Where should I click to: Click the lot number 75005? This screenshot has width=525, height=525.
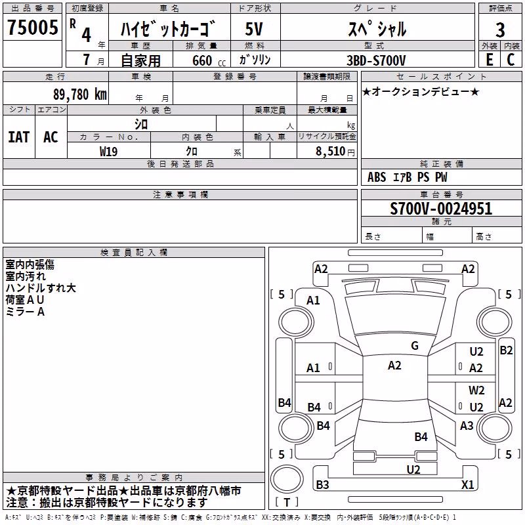[x=32, y=27]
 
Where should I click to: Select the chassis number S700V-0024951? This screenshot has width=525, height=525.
[x=441, y=209]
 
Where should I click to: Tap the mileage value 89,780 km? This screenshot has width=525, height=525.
[x=79, y=94]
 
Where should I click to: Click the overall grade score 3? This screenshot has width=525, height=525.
[x=500, y=30]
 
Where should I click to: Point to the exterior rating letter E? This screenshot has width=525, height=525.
[x=489, y=60]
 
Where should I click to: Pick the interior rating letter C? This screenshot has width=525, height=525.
[x=511, y=60]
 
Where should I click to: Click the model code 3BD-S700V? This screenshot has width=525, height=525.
[x=376, y=60]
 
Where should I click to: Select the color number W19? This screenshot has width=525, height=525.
[x=108, y=152]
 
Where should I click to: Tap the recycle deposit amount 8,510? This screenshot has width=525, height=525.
[x=330, y=152]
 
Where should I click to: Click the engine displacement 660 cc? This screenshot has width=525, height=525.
[x=209, y=61]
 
